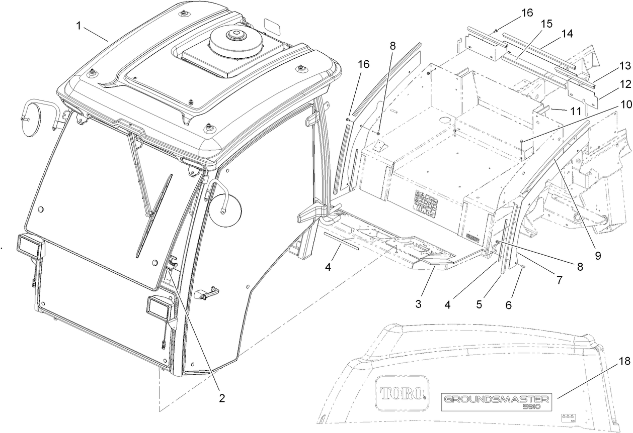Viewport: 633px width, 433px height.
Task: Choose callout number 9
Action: pyautogui.click(x=598, y=255)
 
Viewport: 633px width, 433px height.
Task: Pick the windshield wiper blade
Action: pyautogui.click(x=153, y=216)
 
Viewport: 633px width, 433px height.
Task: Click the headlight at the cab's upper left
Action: pyautogui.click(x=30, y=246)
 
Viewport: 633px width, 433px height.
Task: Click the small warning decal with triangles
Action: pyautogui.click(x=568, y=418)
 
